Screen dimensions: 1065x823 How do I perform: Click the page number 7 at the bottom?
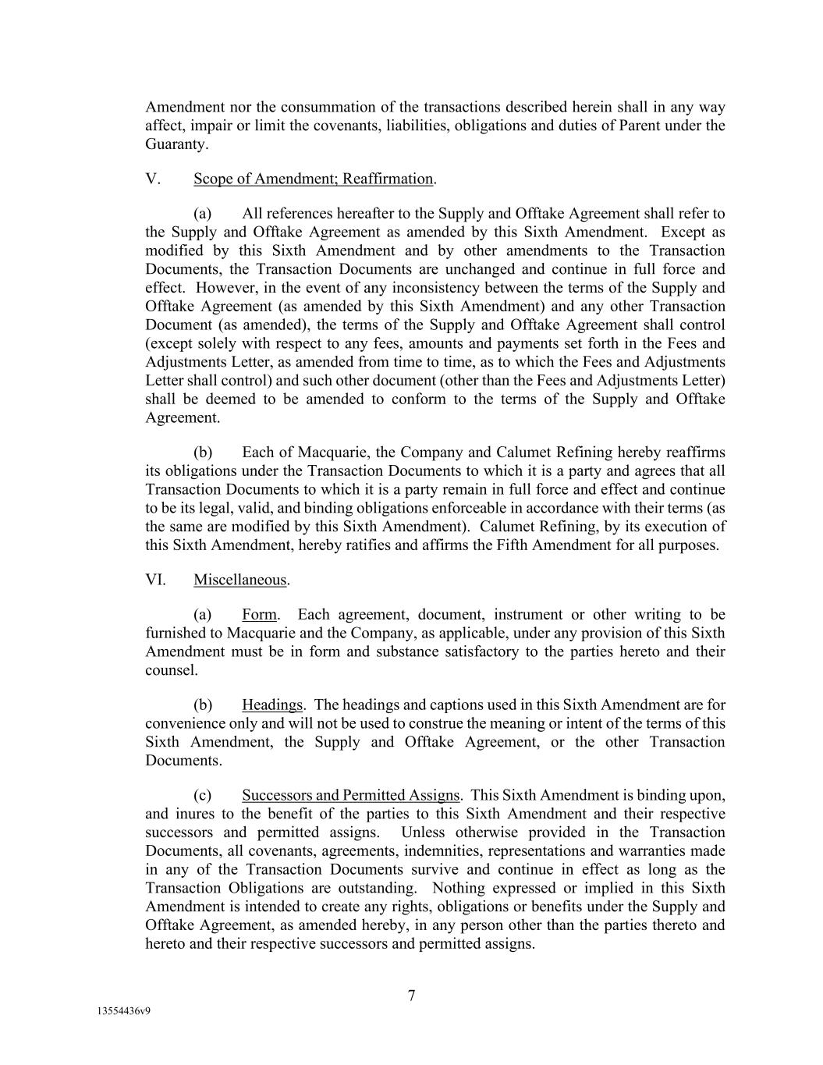411,996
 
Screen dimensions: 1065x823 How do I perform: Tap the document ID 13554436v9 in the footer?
123,1010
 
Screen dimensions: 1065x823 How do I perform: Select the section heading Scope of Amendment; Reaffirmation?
313,179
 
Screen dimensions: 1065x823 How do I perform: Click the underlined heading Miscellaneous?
240,580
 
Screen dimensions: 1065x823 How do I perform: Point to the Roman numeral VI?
155,580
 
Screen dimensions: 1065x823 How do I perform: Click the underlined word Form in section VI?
259,615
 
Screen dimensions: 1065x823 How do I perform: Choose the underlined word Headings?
271,705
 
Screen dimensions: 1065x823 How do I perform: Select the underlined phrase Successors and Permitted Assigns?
350,796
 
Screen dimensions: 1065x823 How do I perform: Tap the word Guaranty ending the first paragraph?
176,144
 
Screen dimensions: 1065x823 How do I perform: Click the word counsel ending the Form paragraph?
170,670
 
